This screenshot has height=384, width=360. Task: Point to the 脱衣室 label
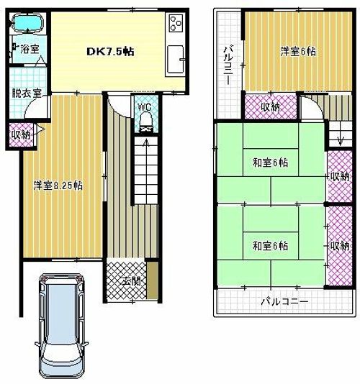(x=26, y=92)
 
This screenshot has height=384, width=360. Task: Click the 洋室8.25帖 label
(x=58, y=185)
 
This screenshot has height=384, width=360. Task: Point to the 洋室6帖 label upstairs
(x=297, y=52)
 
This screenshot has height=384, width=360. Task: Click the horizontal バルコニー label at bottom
(x=284, y=303)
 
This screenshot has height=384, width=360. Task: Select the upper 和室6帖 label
(x=271, y=163)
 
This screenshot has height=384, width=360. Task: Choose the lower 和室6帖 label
(x=271, y=246)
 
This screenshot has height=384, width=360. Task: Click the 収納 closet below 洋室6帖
(x=270, y=107)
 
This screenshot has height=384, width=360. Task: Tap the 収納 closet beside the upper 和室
(x=339, y=176)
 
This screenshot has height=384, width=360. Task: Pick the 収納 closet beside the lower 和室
(x=339, y=246)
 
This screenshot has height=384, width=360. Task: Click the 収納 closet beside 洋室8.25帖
(x=20, y=134)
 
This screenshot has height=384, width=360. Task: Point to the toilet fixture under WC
(x=145, y=121)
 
